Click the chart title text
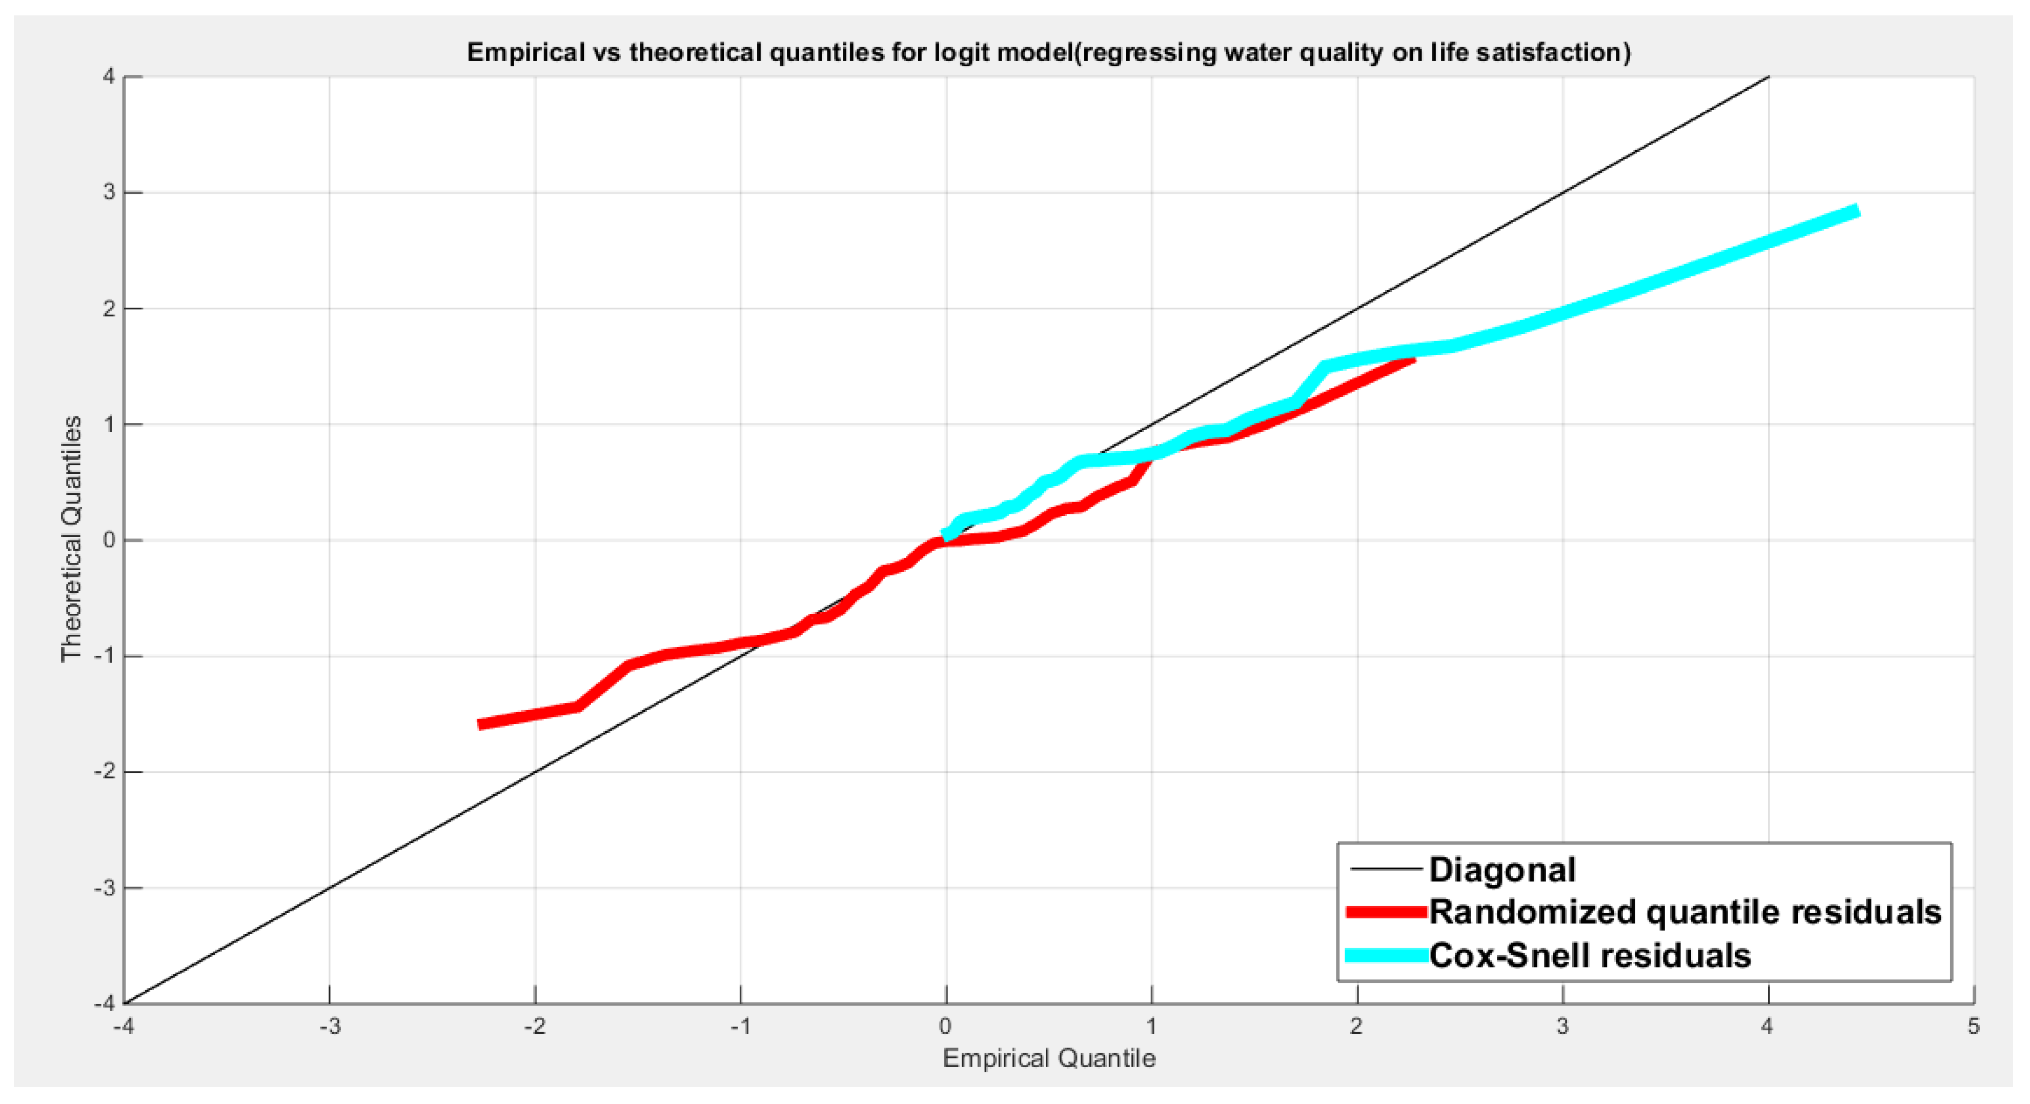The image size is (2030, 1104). [x=1048, y=52]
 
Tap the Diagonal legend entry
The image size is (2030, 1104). [x=1501, y=869]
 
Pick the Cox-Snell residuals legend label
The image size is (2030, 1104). [x=1590, y=955]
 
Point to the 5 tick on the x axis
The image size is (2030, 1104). [x=1973, y=1026]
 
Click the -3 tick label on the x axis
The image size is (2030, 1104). [x=330, y=1026]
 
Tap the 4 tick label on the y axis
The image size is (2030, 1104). [x=108, y=76]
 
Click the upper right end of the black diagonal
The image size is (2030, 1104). [x=1769, y=77]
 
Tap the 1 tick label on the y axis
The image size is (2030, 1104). [x=108, y=424]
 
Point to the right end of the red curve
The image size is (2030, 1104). [x=1414, y=358]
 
